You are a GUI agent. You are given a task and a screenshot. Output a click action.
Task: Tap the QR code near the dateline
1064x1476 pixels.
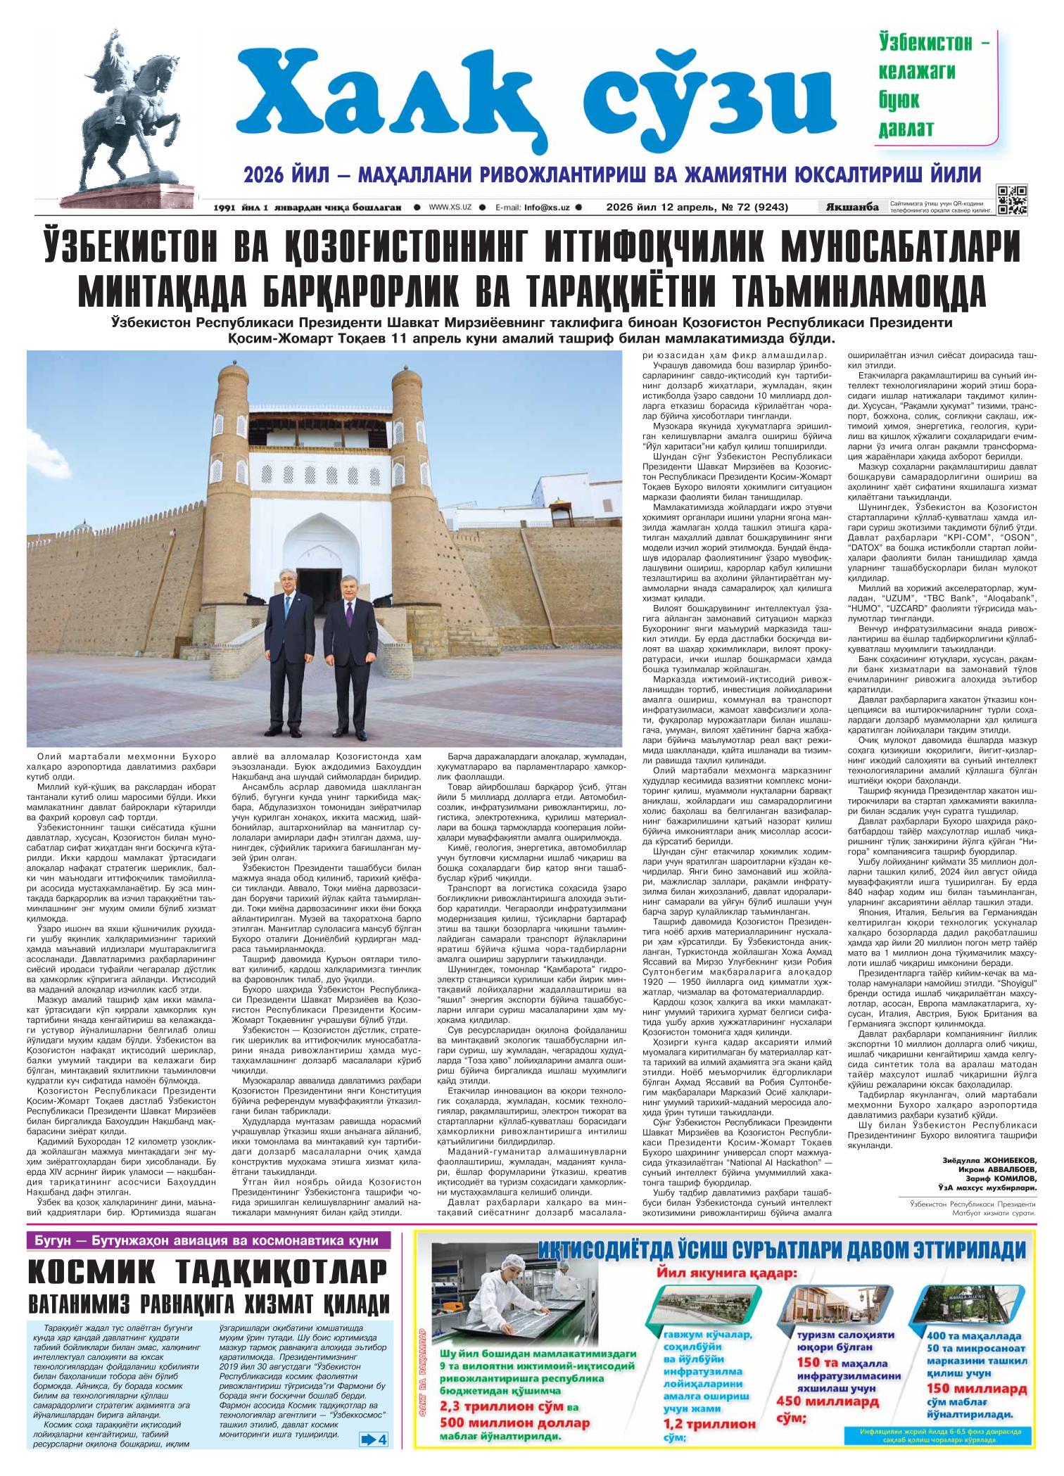point(1012,199)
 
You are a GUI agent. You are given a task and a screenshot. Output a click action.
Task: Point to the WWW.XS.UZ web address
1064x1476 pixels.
point(451,208)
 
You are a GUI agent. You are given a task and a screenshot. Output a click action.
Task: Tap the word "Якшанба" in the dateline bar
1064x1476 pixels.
point(853,207)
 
